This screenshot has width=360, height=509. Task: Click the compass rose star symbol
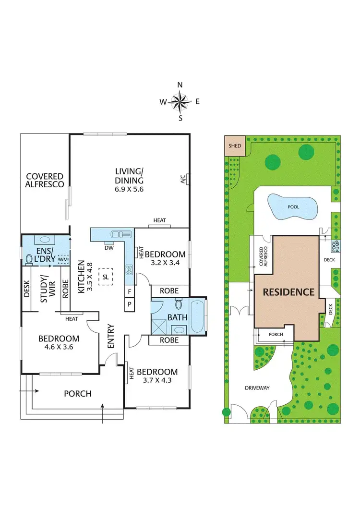pos(180,101)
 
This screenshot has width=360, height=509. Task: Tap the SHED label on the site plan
pos(235,146)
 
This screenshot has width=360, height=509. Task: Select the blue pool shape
pos(292,207)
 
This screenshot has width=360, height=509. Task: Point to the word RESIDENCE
pos(288,291)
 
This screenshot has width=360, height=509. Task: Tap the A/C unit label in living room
pos(183,179)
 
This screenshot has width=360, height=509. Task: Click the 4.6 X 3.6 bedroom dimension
pos(59,346)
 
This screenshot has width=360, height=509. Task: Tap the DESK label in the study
pos(27,288)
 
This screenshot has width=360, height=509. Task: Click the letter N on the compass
pos(180,85)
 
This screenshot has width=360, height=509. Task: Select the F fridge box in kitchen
pos(129,291)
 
